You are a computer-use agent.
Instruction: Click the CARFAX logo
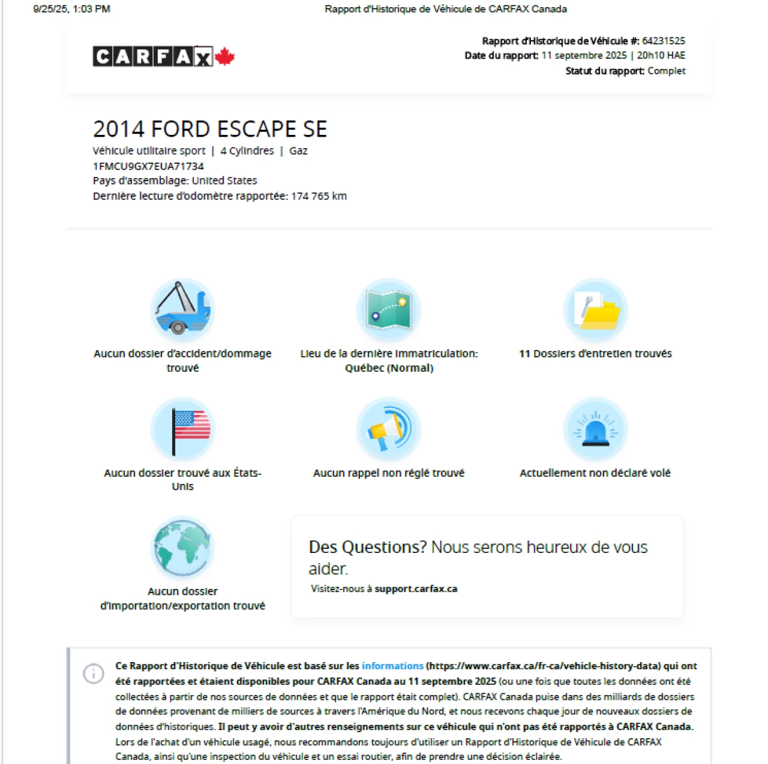click(x=152, y=56)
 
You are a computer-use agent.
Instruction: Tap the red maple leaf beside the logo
click(x=224, y=56)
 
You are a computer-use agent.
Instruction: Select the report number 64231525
click(x=663, y=41)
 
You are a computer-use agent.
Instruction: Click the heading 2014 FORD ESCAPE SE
click(x=210, y=129)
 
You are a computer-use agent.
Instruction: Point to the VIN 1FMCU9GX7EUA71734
click(x=148, y=166)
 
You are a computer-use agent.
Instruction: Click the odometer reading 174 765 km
click(x=319, y=196)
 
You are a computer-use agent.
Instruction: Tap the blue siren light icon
click(x=595, y=429)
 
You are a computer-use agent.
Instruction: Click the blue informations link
click(x=392, y=666)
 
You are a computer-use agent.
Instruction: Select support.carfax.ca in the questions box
click(x=416, y=589)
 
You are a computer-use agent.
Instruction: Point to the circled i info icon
click(x=94, y=673)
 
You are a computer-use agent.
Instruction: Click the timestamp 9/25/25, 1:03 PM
click(x=72, y=9)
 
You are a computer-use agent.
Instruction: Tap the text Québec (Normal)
click(x=389, y=368)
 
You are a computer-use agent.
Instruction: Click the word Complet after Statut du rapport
click(x=666, y=71)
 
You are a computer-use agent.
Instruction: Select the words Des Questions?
click(x=367, y=547)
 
